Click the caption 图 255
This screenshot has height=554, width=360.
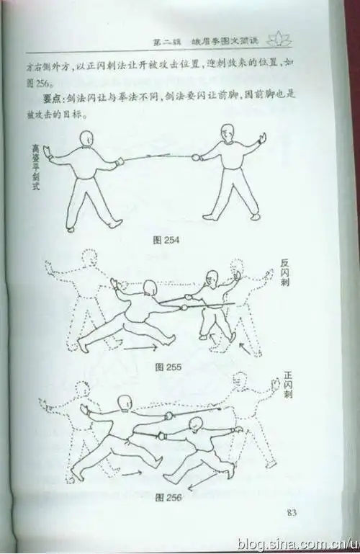tap(168, 367)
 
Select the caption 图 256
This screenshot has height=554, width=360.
tap(168, 496)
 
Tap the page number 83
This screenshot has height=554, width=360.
tap(292, 513)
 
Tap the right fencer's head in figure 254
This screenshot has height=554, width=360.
tap(227, 133)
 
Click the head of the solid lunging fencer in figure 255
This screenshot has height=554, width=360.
tap(150, 288)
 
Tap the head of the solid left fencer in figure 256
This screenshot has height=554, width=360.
tap(124, 403)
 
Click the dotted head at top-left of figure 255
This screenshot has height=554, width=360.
tap(90, 259)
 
